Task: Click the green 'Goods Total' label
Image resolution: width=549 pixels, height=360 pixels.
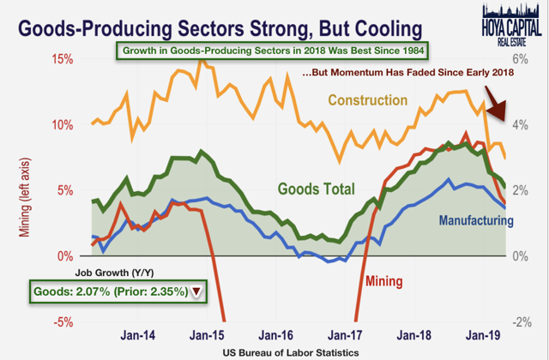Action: click(x=315, y=189)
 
